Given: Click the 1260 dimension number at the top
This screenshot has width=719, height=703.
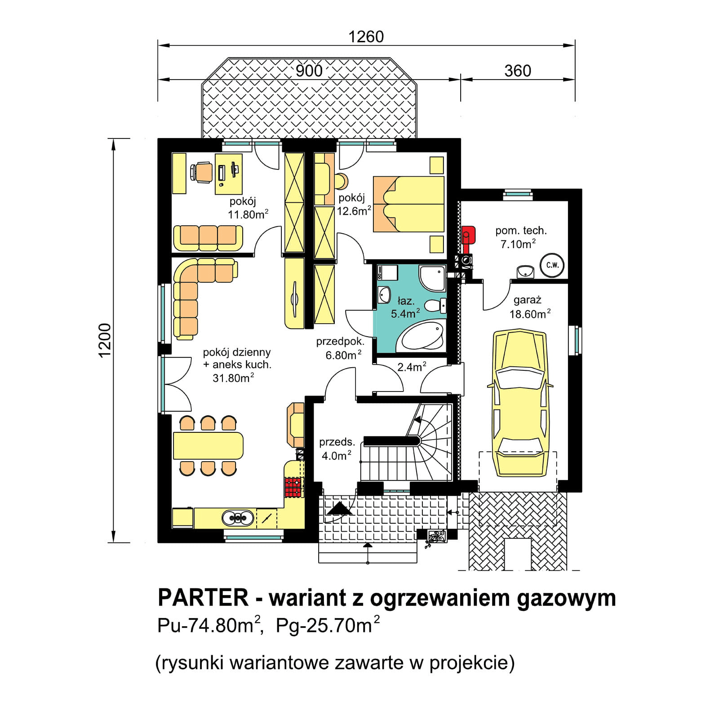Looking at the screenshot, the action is pyautogui.click(x=366, y=36).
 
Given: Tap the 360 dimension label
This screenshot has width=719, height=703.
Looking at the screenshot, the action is pyautogui.click(x=517, y=71).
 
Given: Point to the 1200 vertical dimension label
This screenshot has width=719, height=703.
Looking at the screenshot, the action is pyautogui.click(x=104, y=340).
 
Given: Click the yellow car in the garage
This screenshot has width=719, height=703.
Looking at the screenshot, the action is pyautogui.click(x=520, y=403).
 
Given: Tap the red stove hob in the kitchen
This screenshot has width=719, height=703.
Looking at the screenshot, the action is pyautogui.click(x=293, y=487).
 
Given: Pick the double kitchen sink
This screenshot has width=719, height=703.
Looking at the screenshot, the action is pyautogui.click(x=238, y=518).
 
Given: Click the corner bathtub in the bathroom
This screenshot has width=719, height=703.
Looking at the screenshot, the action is pyautogui.click(x=421, y=336).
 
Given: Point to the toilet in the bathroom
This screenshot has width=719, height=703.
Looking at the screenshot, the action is pyautogui.click(x=435, y=306).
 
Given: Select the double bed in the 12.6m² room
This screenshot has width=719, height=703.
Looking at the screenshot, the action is pyautogui.click(x=408, y=204).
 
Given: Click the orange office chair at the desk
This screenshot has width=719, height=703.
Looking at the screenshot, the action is pyautogui.click(x=201, y=172).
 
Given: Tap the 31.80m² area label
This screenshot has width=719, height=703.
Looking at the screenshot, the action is pyautogui.click(x=233, y=378).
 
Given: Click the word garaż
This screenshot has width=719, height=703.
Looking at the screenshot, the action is pyautogui.click(x=527, y=300).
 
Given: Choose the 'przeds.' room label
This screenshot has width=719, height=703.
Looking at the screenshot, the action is pyautogui.click(x=337, y=442).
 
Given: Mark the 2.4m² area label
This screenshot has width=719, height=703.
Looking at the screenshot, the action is pyautogui.click(x=412, y=367).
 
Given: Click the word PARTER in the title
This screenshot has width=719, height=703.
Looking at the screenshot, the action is pyautogui.click(x=203, y=598).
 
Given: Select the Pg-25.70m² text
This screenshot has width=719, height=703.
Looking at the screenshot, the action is pyautogui.click(x=328, y=625).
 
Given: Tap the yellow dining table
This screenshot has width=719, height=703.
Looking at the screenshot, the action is pyautogui.click(x=208, y=445).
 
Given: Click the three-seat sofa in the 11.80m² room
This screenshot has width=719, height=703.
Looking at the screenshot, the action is pyautogui.click(x=208, y=238).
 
